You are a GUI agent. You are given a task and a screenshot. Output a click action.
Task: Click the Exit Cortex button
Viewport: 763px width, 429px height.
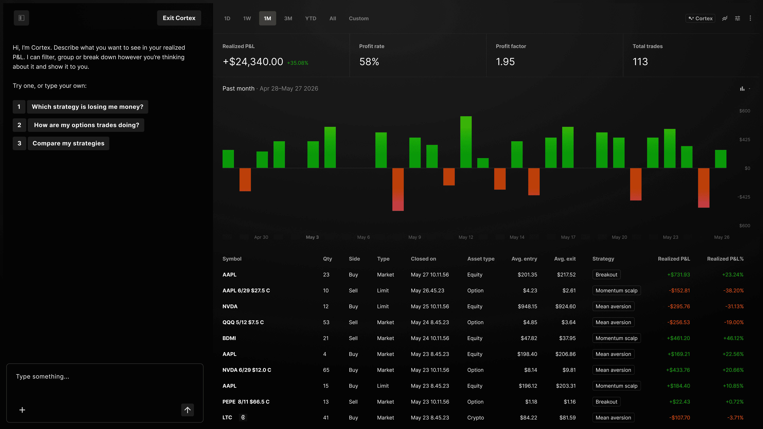pyautogui.click(x=179, y=18)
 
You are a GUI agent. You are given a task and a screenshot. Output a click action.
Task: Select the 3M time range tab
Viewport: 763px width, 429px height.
pyautogui.click(x=288, y=18)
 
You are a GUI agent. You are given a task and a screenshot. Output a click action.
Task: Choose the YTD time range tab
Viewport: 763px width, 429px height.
pyautogui.click(x=310, y=18)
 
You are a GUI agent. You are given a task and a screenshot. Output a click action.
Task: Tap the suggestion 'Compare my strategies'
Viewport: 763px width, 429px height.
pyautogui.click(x=68, y=143)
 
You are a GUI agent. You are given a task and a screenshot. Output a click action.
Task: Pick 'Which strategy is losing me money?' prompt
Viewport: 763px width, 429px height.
pyautogui.click(x=87, y=107)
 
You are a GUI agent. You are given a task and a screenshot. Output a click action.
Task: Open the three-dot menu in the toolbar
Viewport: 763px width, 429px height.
pyautogui.click(x=750, y=18)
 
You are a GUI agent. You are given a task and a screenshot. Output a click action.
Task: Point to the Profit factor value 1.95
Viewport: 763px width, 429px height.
pyautogui.click(x=505, y=62)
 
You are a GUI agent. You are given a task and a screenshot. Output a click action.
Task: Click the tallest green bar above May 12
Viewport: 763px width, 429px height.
pyautogui.click(x=466, y=142)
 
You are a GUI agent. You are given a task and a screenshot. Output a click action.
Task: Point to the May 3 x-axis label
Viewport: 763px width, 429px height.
pyautogui.click(x=312, y=237)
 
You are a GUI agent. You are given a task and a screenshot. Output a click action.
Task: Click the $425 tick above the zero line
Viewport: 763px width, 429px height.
pyautogui.click(x=745, y=139)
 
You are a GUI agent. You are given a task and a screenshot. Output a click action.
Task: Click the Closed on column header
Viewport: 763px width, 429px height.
pyautogui.click(x=423, y=259)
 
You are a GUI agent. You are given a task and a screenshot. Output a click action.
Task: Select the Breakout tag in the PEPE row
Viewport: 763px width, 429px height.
pyautogui.click(x=606, y=402)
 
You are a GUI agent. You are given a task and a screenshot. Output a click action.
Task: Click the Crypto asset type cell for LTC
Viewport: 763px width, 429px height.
pyautogui.click(x=475, y=418)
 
